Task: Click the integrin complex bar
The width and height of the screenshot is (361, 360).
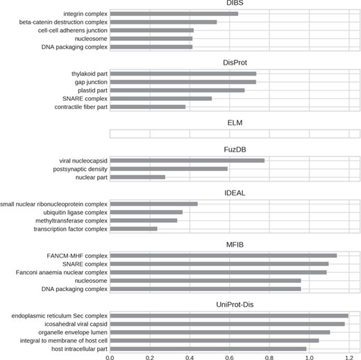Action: click(174, 14)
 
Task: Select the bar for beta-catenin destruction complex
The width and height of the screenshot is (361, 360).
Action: click(163, 22)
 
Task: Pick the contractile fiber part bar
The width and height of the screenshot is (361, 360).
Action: click(147, 106)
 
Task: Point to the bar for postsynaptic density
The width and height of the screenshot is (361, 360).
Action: click(169, 169)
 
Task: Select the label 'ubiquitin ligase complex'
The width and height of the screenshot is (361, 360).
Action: click(72, 212)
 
